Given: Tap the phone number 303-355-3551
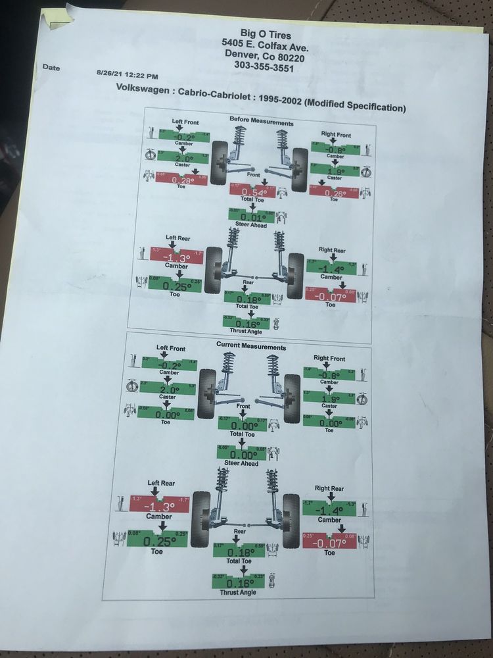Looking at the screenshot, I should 265,66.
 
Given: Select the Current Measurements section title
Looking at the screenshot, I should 250,346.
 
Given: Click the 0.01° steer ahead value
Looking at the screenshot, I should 253,217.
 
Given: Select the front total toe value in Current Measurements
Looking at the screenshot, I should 243,426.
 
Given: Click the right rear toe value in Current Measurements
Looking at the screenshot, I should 329,542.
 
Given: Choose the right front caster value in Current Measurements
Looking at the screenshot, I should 330,399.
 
